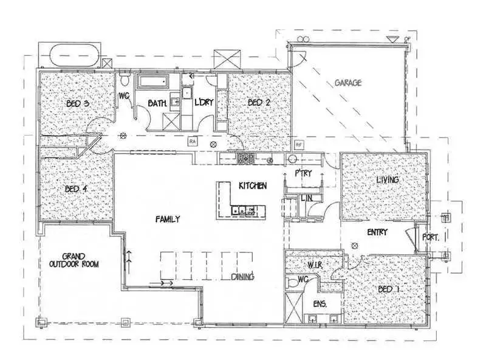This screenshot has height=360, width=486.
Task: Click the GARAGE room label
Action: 348,83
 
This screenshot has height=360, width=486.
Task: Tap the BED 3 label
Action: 78,103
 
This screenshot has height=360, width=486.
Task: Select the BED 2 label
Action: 259,103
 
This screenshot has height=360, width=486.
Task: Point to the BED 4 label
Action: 77,189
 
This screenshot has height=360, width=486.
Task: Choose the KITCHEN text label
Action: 252,185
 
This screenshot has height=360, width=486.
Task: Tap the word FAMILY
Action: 167,219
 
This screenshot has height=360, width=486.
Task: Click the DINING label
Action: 242,277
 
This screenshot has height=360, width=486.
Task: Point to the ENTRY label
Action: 378,232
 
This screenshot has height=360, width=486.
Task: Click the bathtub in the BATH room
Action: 154,81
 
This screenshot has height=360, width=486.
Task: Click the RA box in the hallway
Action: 193,141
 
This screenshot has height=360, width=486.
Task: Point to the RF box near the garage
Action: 298,145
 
